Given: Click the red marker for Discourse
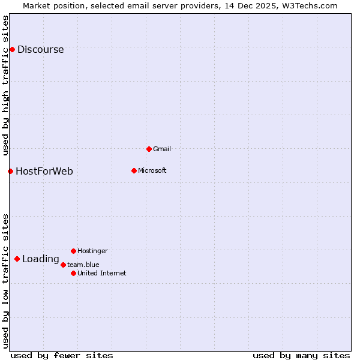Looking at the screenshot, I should (x=12, y=49).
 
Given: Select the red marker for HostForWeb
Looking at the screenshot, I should (x=10, y=171).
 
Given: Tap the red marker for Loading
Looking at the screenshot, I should (x=17, y=259).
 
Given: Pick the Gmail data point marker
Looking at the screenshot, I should (x=149, y=149).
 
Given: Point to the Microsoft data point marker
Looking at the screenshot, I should (x=134, y=170).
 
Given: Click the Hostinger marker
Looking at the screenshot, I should (x=73, y=251).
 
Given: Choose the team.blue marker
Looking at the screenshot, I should (x=63, y=265).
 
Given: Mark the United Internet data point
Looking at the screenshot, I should (x=73, y=273).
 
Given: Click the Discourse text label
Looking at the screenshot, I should (x=40, y=50).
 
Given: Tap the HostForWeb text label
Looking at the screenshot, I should (x=44, y=172).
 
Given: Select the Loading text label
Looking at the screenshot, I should (x=40, y=259).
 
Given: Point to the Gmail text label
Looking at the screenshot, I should (x=162, y=149).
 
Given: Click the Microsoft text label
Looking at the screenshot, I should (x=152, y=170).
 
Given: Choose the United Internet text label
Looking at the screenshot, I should (x=101, y=273).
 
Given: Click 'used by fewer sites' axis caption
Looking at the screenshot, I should (x=62, y=355).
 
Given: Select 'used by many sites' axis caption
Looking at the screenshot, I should (x=301, y=355).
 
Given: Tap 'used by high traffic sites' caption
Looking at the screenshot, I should (x=6, y=85).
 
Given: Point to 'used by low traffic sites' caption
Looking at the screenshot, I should (x=6, y=281).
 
